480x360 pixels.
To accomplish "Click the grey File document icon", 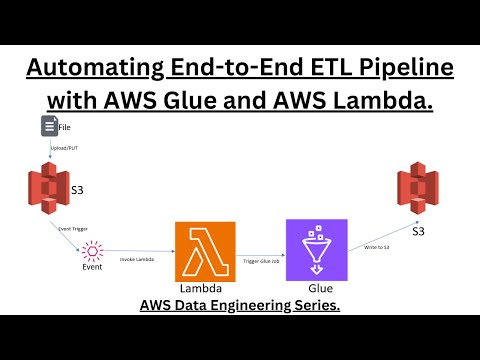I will point(49,126).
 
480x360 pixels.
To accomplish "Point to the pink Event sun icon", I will point(92,249).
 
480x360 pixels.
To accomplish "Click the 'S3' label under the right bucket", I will point(417,232).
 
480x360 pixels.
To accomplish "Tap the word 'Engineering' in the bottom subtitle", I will point(249,305).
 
